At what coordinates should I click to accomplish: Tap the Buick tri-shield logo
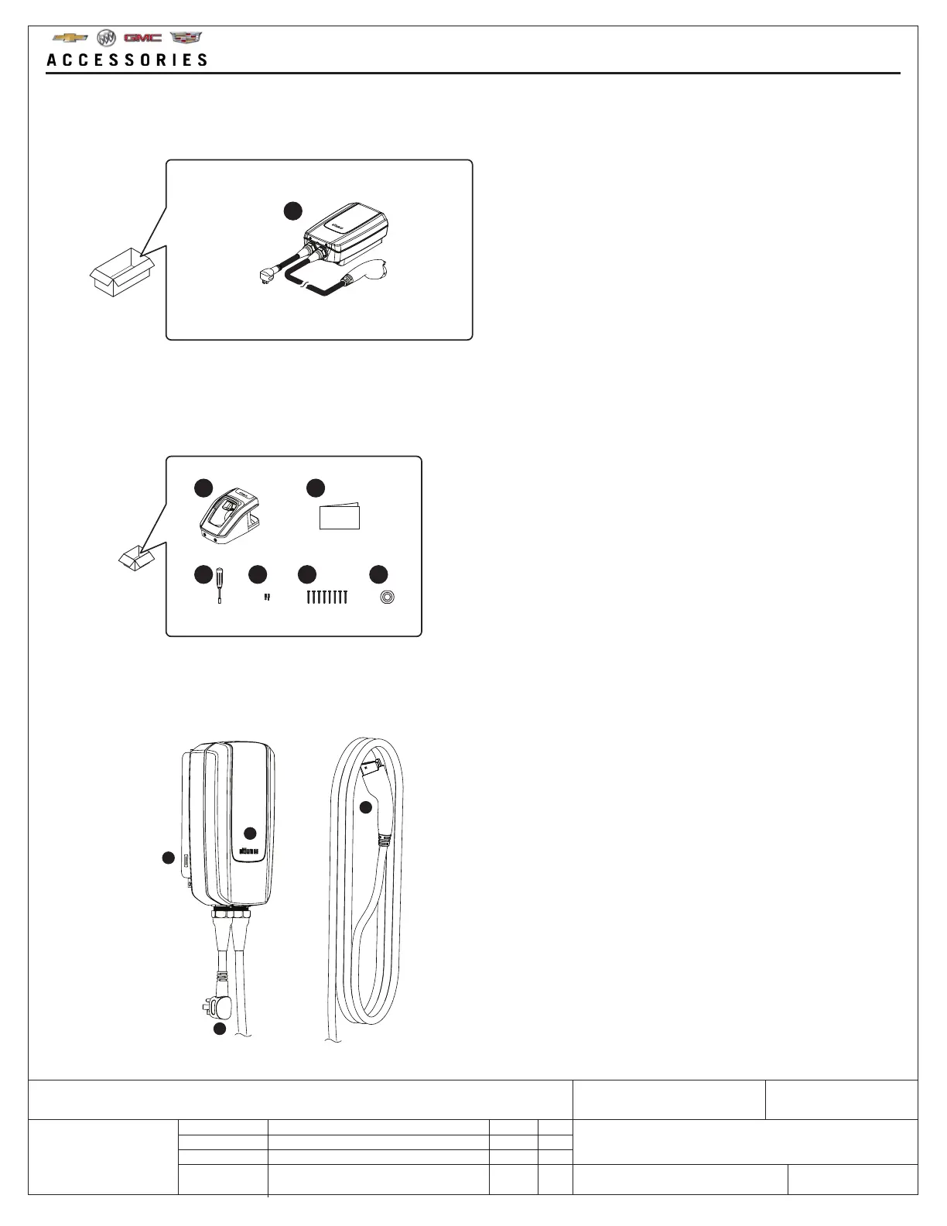point(106,38)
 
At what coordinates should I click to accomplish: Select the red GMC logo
point(142,38)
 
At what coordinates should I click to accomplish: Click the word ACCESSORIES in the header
point(128,60)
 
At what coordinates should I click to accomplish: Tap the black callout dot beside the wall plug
point(221,1029)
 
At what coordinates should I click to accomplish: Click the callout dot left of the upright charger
point(168,858)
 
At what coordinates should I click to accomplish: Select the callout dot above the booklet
point(315,488)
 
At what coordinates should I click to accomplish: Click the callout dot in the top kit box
point(291,211)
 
